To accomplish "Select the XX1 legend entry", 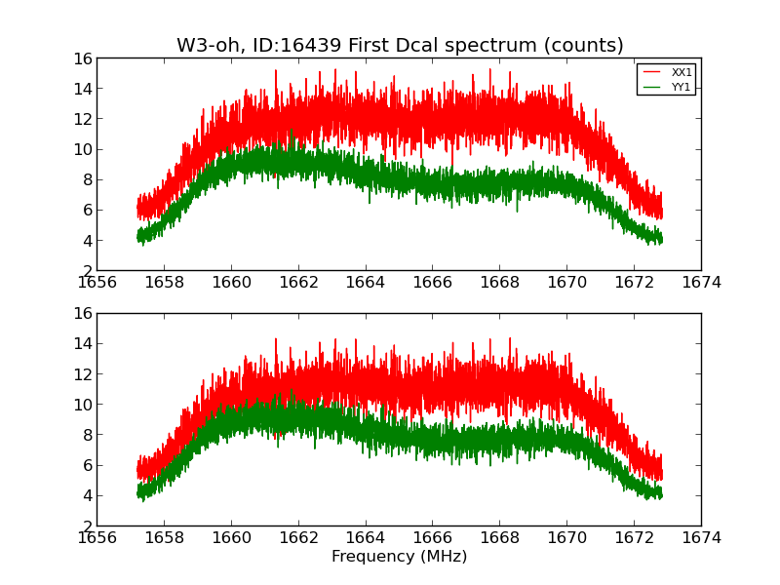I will click(682, 73).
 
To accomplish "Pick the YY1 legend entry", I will click(682, 87).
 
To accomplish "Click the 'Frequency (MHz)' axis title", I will click(399, 557).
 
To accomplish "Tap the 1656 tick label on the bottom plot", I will click(97, 537).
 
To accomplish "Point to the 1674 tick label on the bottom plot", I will click(701, 537).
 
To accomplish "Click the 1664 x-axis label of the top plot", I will click(366, 283).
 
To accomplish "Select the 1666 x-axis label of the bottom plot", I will click(433, 537).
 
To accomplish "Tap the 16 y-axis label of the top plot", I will click(82, 58).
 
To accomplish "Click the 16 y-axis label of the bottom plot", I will click(82, 313).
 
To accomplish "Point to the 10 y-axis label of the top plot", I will click(82, 149).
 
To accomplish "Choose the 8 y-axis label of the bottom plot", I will click(87, 435).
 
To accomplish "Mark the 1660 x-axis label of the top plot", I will click(231, 283).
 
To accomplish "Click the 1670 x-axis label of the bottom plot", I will click(566, 537).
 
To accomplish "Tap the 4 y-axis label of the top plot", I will click(87, 241).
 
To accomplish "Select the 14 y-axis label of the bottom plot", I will click(82, 343).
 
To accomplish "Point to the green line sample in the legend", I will click(651, 87).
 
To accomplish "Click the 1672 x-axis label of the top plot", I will click(634, 283).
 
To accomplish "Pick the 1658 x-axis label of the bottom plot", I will click(164, 537).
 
